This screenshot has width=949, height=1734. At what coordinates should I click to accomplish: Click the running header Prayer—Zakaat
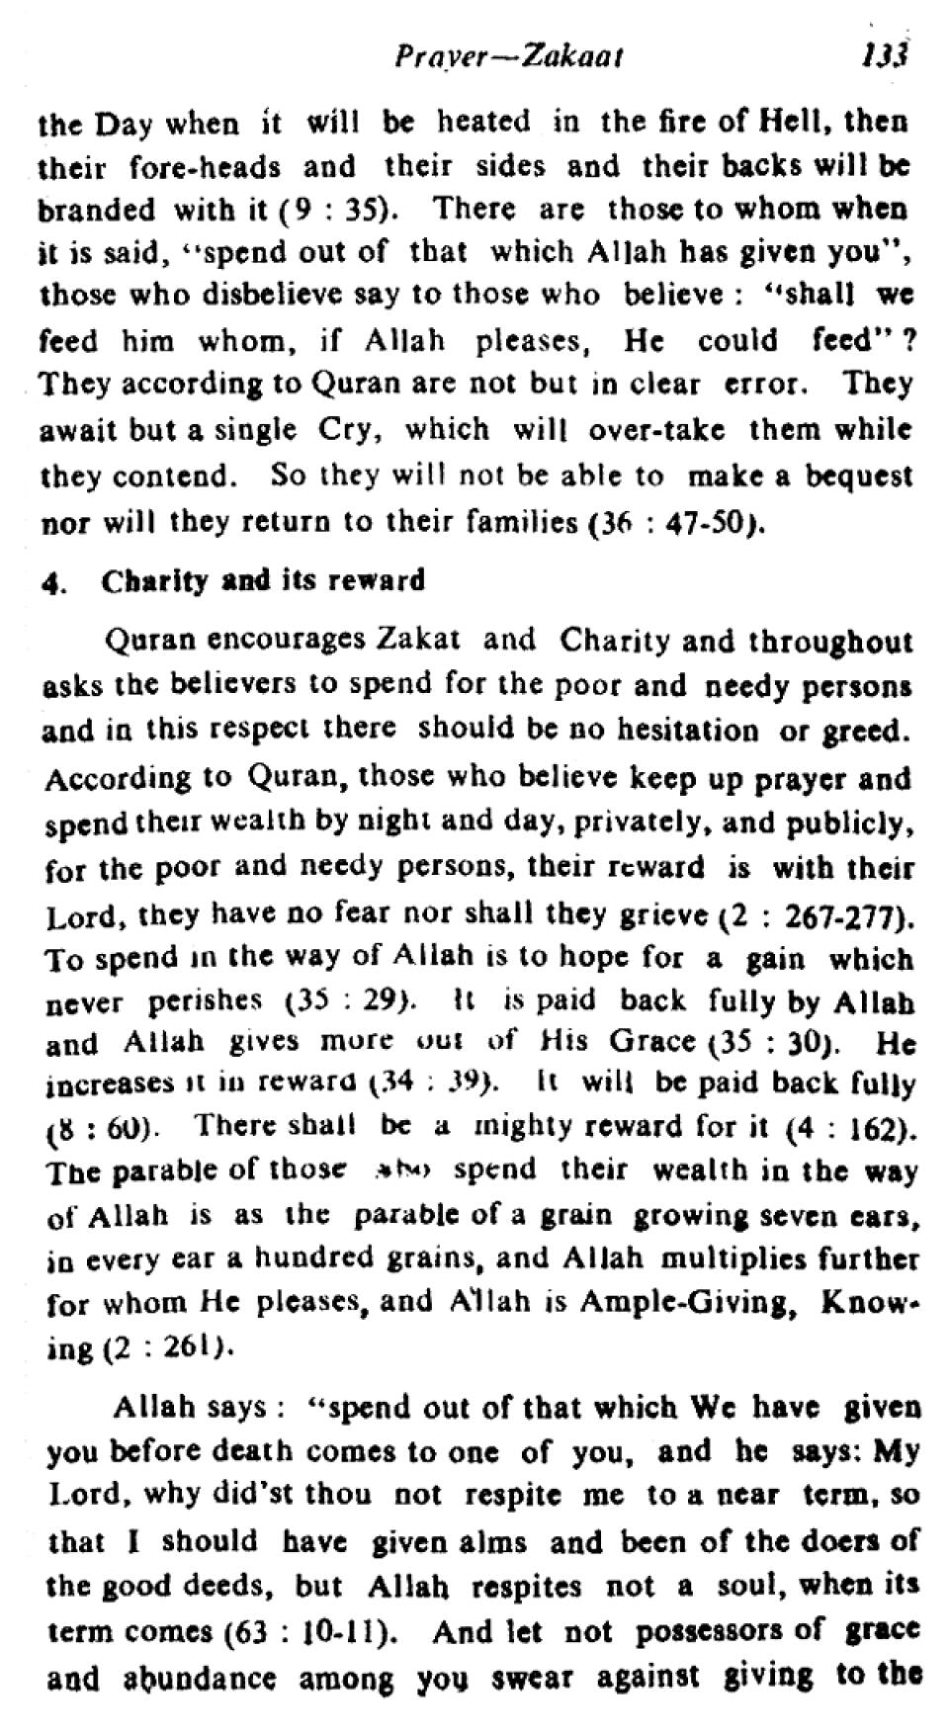[x=508, y=57]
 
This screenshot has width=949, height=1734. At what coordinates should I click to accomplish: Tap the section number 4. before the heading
[x=53, y=581]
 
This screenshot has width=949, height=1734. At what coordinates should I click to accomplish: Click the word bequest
[x=858, y=477]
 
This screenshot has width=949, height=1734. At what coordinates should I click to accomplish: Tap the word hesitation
[x=688, y=731]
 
